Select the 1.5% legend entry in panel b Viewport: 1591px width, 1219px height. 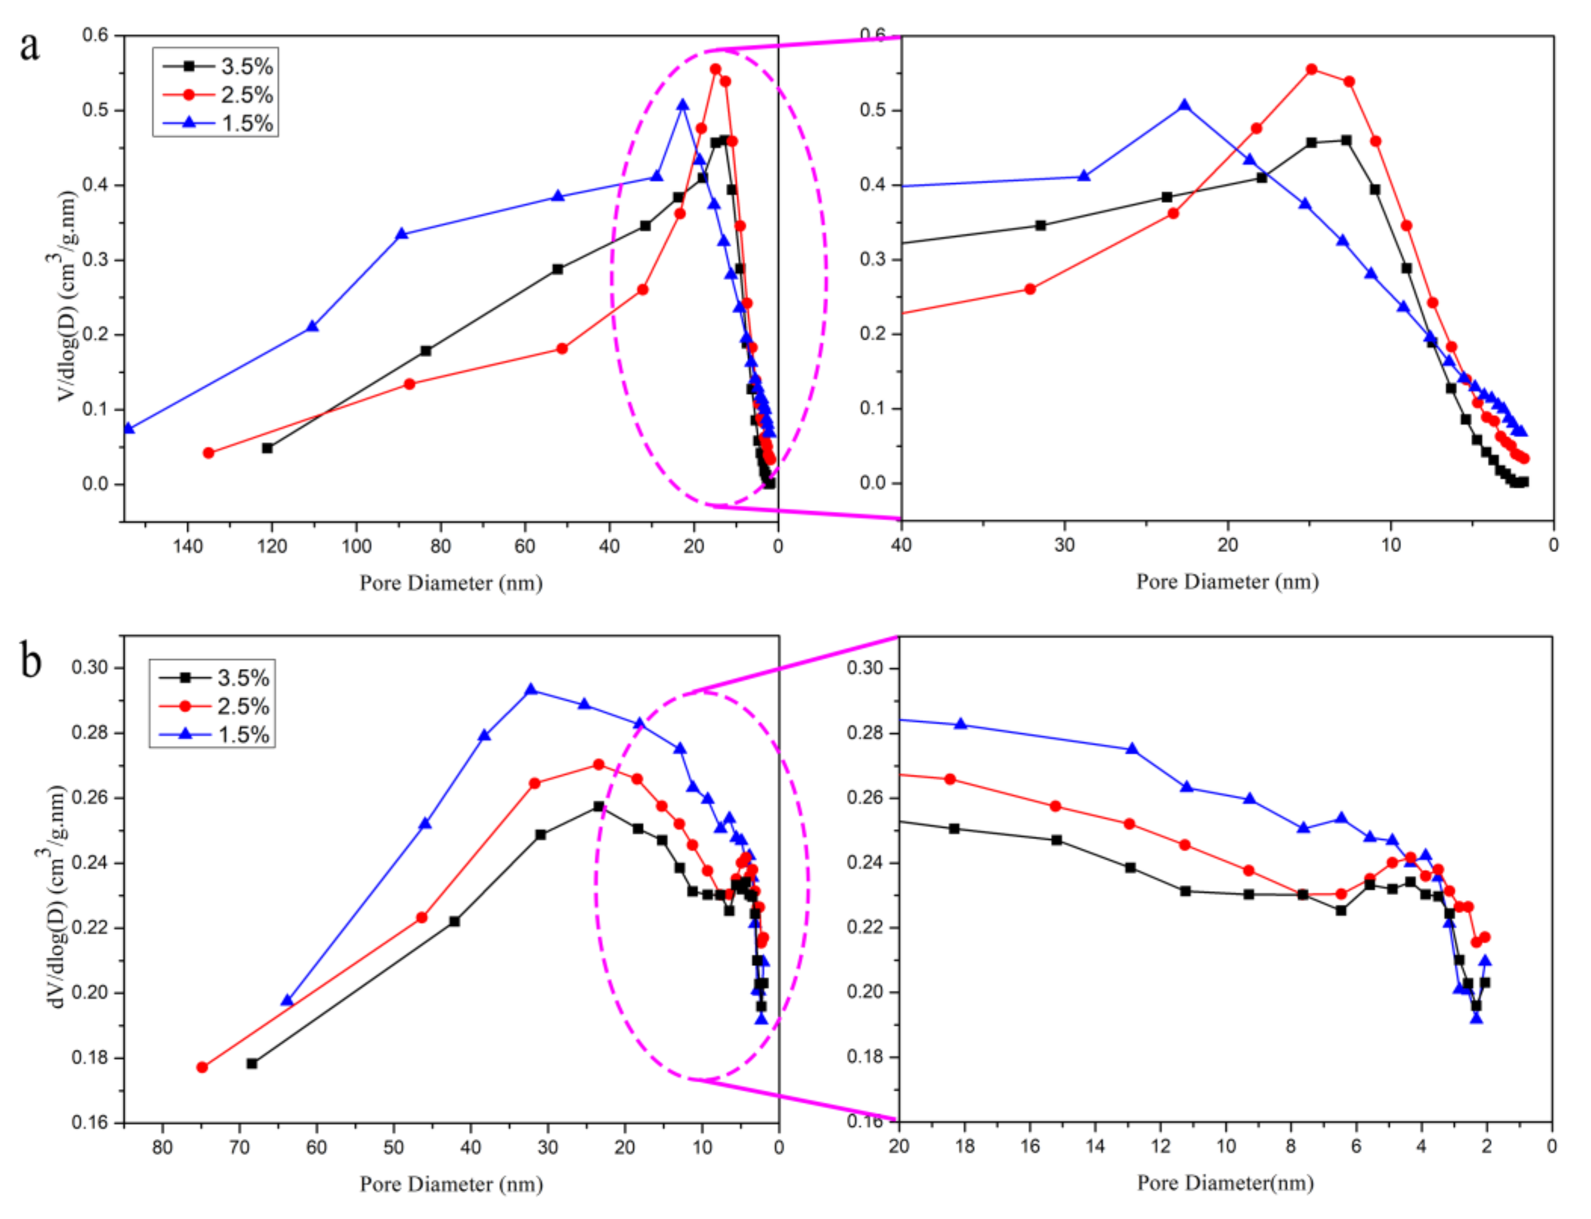tap(243, 734)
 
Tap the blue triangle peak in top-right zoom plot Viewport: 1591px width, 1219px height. tap(1184, 106)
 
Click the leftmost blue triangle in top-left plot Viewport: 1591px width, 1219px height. tap(128, 429)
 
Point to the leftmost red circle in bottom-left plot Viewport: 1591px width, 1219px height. tap(202, 1067)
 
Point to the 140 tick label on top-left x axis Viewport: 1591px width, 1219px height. tap(187, 546)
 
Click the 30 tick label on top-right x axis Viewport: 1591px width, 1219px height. tap(1064, 544)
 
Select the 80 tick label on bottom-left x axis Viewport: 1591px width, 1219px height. tap(163, 1147)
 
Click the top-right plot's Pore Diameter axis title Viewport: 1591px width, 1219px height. tap(1227, 582)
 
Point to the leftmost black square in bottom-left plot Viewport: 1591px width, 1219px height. tap(252, 1064)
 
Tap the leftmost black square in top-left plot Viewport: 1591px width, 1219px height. tap(267, 448)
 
